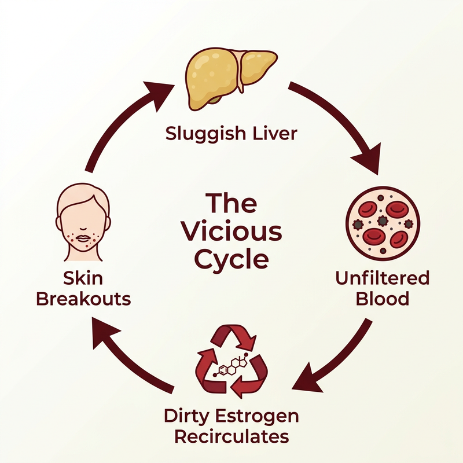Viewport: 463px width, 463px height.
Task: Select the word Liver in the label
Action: [x=274, y=133]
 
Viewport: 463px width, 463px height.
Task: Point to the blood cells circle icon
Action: [x=383, y=223]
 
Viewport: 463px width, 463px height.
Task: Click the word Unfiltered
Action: [x=383, y=278]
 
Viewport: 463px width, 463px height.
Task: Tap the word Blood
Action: [x=383, y=299]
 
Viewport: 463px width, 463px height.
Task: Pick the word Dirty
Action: [x=187, y=416]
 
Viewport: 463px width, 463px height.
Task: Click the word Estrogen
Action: [x=257, y=417]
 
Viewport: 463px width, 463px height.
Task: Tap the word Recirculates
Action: [x=232, y=436]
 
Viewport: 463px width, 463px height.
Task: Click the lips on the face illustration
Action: [x=83, y=238]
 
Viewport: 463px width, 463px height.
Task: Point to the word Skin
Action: [x=83, y=278]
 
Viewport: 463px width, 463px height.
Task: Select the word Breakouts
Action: [x=83, y=299]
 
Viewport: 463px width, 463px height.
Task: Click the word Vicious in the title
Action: [x=232, y=231]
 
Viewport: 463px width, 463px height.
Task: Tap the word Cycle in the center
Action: [x=232, y=259]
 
